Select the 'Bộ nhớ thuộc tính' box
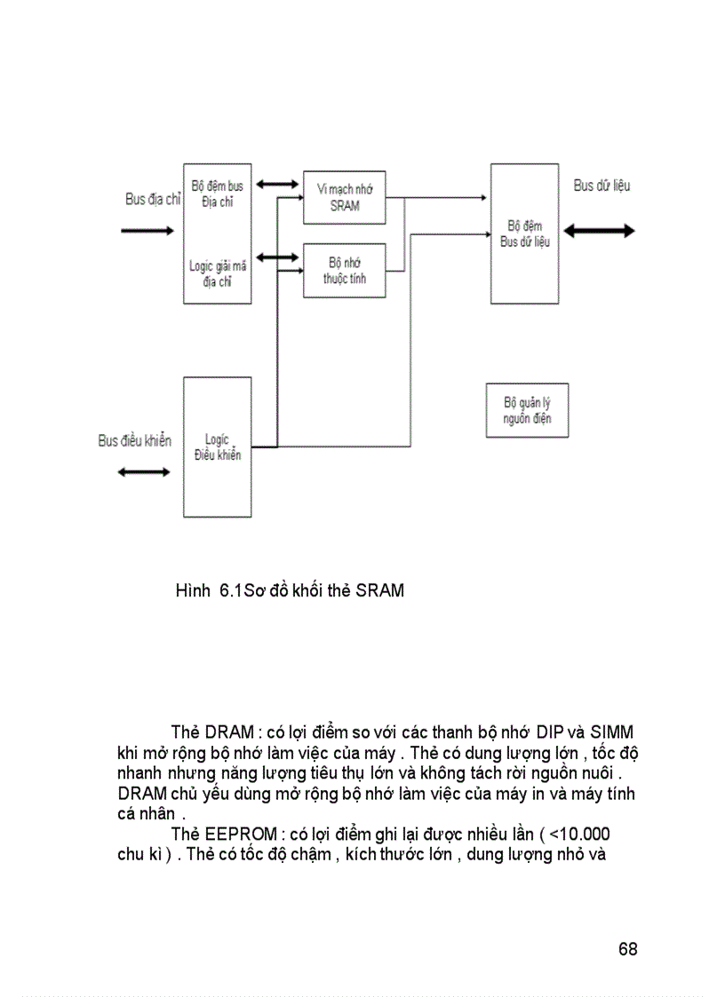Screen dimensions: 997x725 click(x=344, y=271)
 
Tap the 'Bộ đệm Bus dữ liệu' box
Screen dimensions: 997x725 click(x=524, y=233)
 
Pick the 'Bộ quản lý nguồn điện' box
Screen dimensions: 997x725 click(x=527, y=410)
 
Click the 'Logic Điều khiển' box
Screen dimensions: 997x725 click(x=217, y=447)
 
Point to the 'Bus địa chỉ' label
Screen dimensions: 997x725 click(x=152, y=200)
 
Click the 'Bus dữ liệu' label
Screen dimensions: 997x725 click(x=602, y=186)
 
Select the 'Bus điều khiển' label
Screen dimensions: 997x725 click(x=134, y=440)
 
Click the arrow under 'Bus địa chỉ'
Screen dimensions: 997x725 click(x=147, y=231)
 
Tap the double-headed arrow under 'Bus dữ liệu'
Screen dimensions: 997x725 click(x=600, y=231)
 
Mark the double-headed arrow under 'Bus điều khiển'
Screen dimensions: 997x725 click(x=144, y=471)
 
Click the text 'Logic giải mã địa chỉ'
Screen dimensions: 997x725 click(x=217, y=273)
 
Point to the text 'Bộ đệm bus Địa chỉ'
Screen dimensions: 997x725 click(x=217, y=194)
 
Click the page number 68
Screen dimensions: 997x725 click(x=627, y=948)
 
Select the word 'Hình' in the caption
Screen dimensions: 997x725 click(x=192, y=590)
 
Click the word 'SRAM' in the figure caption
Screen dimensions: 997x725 click(x=379, y=590)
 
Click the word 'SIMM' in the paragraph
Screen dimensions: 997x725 click(x=612, y=732)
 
